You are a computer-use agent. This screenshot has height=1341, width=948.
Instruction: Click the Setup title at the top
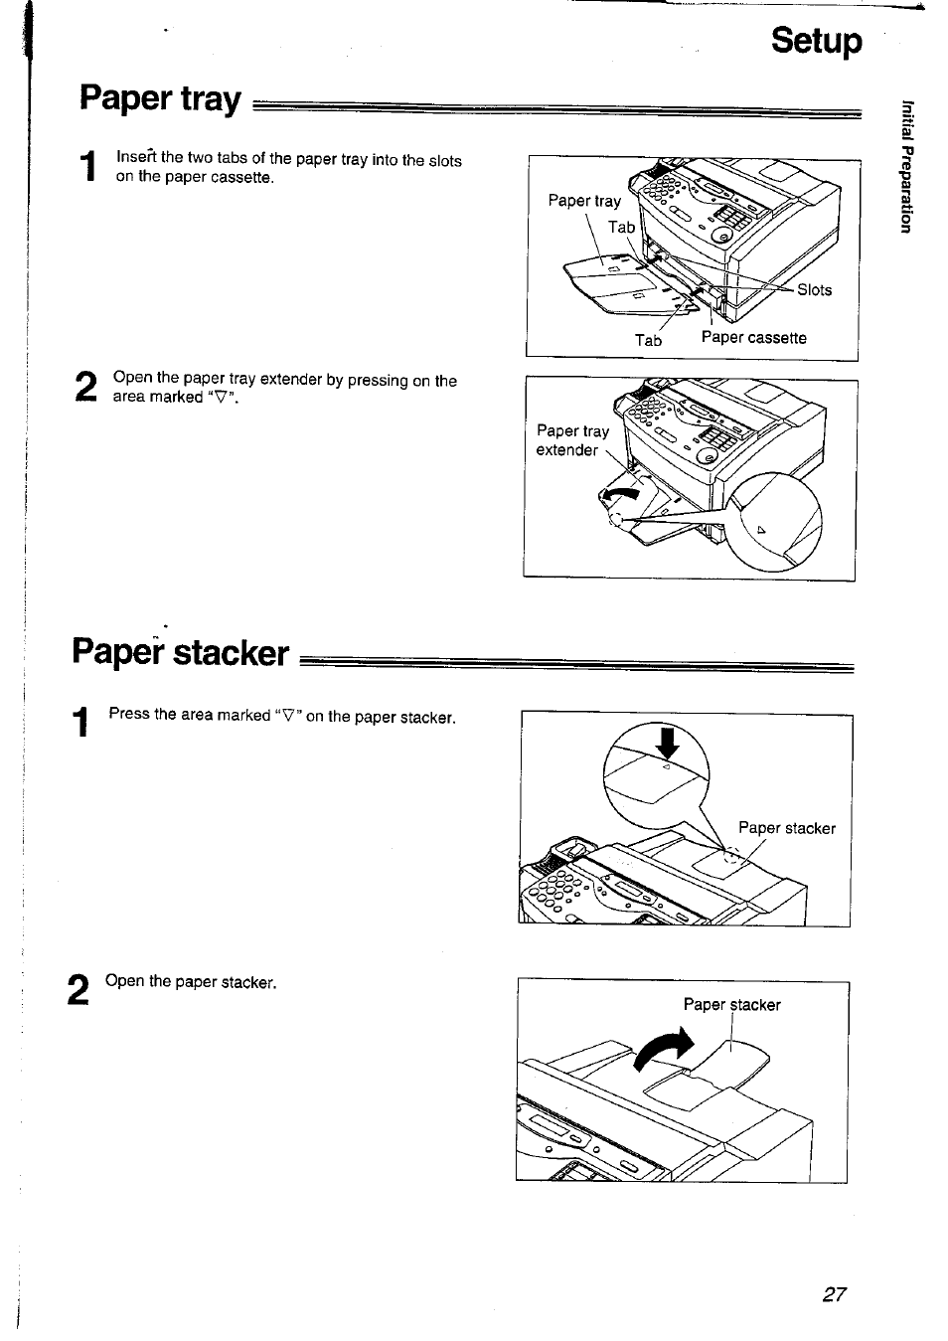(817, 42)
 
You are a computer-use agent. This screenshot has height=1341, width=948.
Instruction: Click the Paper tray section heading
(160, 99)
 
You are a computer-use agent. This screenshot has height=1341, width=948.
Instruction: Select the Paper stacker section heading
(180, 652)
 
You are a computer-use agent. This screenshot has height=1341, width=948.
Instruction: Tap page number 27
(834, 1293)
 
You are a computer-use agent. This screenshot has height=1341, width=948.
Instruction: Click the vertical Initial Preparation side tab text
(904, 166)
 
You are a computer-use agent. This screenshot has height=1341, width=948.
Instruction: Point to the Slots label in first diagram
(814, 290)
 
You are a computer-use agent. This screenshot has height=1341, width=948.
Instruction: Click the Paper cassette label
(753, 338)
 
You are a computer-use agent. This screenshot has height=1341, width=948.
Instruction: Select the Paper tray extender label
(571, 440)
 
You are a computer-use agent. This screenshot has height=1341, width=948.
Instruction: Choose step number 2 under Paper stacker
(79, 990)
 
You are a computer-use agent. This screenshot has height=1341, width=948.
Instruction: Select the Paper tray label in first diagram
(584, 201)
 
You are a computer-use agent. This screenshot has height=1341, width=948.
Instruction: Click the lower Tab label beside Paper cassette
(648, 340)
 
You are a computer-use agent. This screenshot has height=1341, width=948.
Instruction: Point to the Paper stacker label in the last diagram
(731, 1005)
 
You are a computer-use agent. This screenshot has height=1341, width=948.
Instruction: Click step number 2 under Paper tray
(86, 387)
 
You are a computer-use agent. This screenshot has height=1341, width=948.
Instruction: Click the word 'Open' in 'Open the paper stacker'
(124, 982)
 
